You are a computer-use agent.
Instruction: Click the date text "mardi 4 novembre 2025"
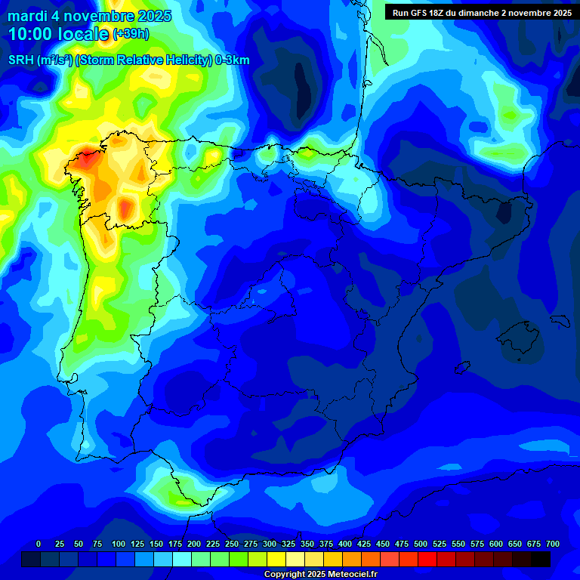[x=89, y=16]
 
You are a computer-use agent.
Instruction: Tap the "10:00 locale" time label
[x=59, y=34]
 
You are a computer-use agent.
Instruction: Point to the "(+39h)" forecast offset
[x=131, y=34]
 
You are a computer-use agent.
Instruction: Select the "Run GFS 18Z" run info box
[x=481, y=12]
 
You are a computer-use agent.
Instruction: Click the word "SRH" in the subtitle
[x=21, y=60]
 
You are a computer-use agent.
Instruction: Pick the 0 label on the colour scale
[x=39, y=544]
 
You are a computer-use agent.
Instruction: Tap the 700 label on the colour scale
[x=552, y=544]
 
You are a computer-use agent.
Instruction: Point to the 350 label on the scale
[x=307, y=544]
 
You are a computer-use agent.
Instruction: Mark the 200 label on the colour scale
[x=194, y=544]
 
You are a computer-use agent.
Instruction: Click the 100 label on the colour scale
[x=119, y=544]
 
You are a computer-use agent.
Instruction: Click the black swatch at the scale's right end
[x=541, y=559]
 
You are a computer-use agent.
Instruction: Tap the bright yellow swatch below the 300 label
[x=276, y=559]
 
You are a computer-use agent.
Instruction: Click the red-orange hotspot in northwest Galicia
[x=85, y=159]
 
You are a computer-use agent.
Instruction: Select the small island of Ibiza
[x=460, y=367]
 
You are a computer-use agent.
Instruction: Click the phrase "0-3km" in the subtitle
[x=233, y=60]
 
